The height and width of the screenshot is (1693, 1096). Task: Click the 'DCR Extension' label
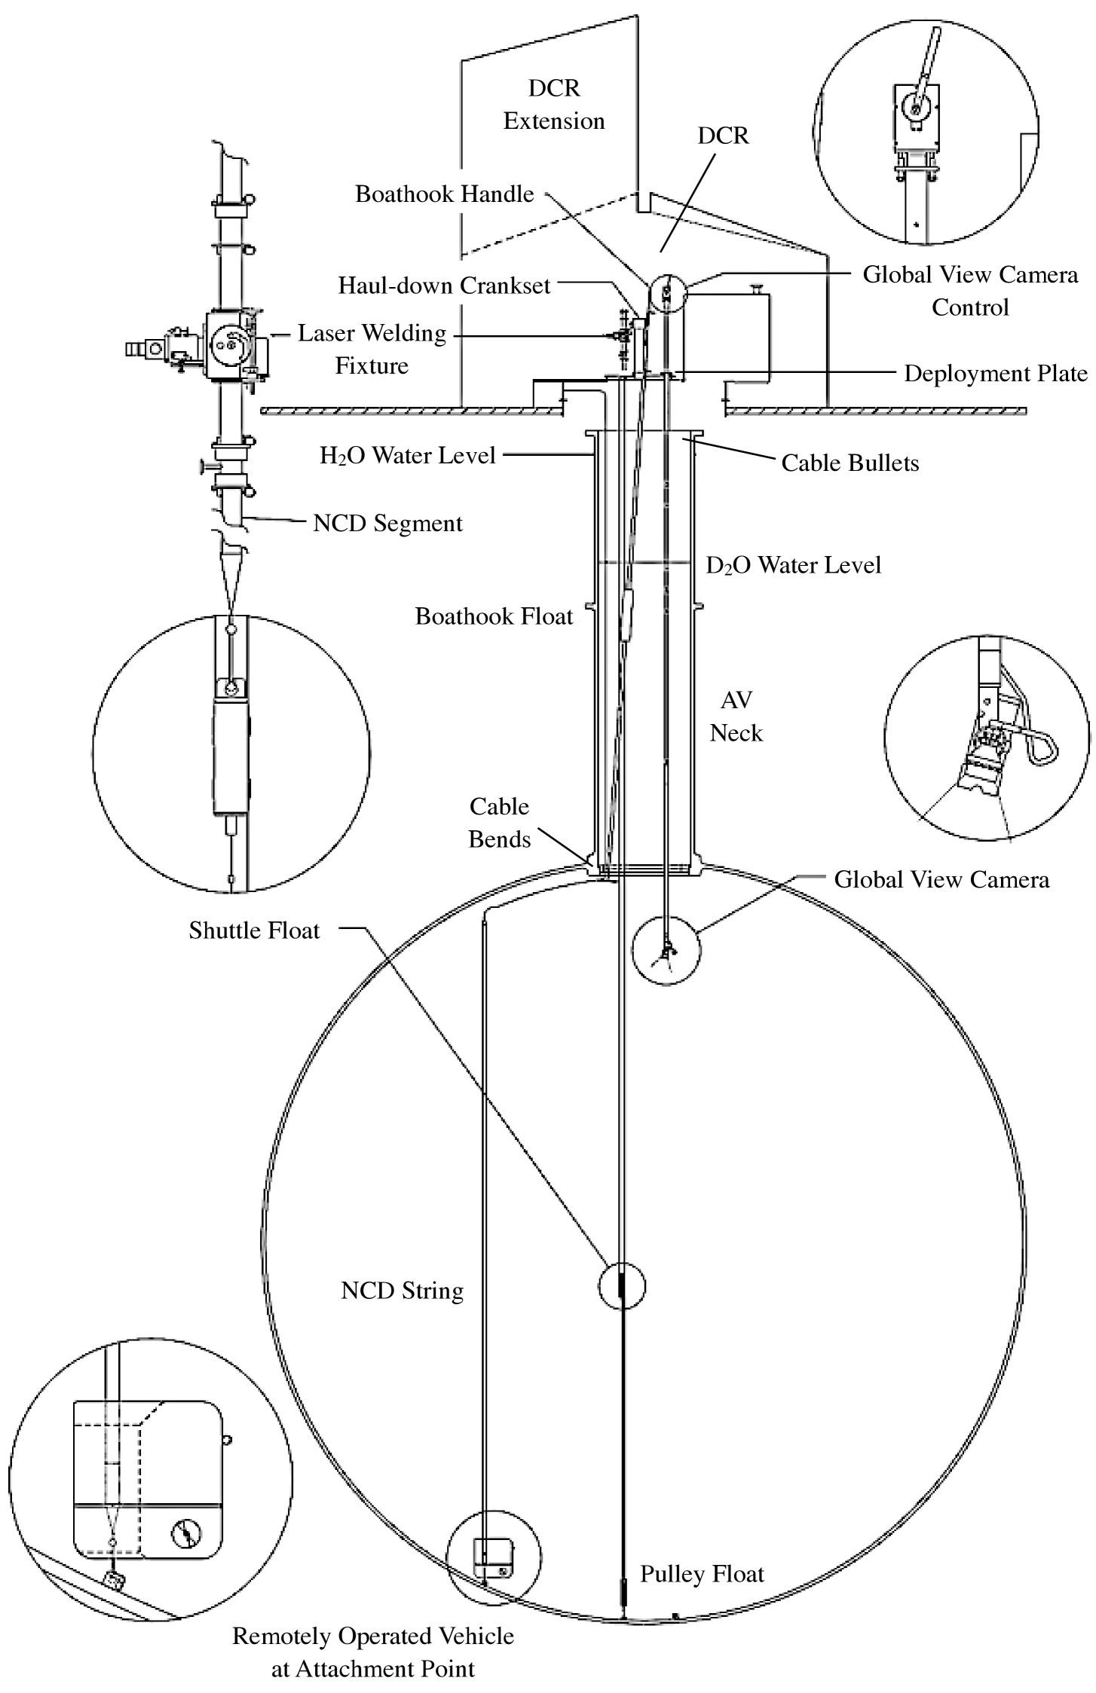tap(554, 105)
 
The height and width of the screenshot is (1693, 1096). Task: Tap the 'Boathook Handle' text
tap(445, 194)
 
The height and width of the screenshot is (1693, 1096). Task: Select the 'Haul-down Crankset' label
tap(444, 286)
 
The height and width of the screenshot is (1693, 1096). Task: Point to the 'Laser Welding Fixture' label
tap(372, 349)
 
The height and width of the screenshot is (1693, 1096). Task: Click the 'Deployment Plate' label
tap(995, 374)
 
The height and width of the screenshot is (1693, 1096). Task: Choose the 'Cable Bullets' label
tap(850, 463)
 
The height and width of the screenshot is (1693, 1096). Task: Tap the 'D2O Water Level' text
tap(793, 565)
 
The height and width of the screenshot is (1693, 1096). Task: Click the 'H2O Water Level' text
tap(408, 455)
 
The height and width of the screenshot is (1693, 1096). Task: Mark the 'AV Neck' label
tap(736, 717)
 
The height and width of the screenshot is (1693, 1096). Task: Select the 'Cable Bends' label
tap(499, 823)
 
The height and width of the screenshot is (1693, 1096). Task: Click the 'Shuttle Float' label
tap(254, 931)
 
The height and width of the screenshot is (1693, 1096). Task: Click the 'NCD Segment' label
tap(387, 523)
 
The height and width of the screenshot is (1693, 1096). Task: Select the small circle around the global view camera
tap(666, 951)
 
